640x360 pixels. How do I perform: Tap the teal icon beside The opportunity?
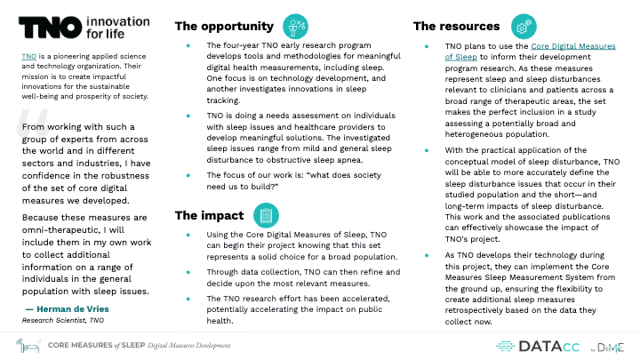[x=295, y=26]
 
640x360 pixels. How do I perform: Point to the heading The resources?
[x=457, y=26]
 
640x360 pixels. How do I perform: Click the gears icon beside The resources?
[x=524, y=26]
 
